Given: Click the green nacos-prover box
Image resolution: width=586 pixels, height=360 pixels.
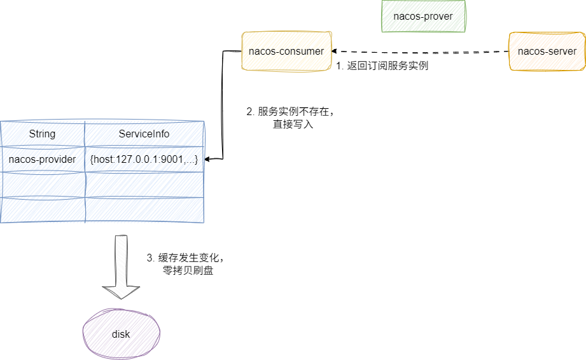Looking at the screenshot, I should pos(423,16).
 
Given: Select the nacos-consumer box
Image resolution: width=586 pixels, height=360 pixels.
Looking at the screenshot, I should pos(286,51).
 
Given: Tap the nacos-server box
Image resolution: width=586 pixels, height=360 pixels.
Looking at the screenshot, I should pos(547,51).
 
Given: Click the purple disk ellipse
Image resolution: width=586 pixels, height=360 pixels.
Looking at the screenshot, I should pos(121,334).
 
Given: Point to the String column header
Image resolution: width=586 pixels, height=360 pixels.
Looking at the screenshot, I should pos(43,134).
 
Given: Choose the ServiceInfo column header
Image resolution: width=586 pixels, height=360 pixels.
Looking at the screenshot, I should pos(144,134).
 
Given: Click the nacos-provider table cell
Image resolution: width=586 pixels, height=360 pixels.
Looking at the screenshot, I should pos(43,159).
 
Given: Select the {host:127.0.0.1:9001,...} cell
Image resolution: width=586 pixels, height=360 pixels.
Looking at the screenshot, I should pos(144,159).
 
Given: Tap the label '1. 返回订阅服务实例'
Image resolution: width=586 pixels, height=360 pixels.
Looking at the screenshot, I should pos(382,66).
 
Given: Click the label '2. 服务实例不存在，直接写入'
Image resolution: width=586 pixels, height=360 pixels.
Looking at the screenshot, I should pos(290,118).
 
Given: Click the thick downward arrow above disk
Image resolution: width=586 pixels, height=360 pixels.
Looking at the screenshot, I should pos(121,267).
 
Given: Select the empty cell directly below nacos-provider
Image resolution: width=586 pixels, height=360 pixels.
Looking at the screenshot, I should pos(43,184).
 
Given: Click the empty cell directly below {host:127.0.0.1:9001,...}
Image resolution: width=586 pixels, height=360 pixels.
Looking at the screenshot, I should pos(144,184).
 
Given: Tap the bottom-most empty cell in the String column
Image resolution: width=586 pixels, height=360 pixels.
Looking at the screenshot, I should pos(43,210).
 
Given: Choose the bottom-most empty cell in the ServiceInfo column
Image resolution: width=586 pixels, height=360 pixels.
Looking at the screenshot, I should pos(144,210).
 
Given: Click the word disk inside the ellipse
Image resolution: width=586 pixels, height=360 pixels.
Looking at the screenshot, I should pos(121,334).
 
